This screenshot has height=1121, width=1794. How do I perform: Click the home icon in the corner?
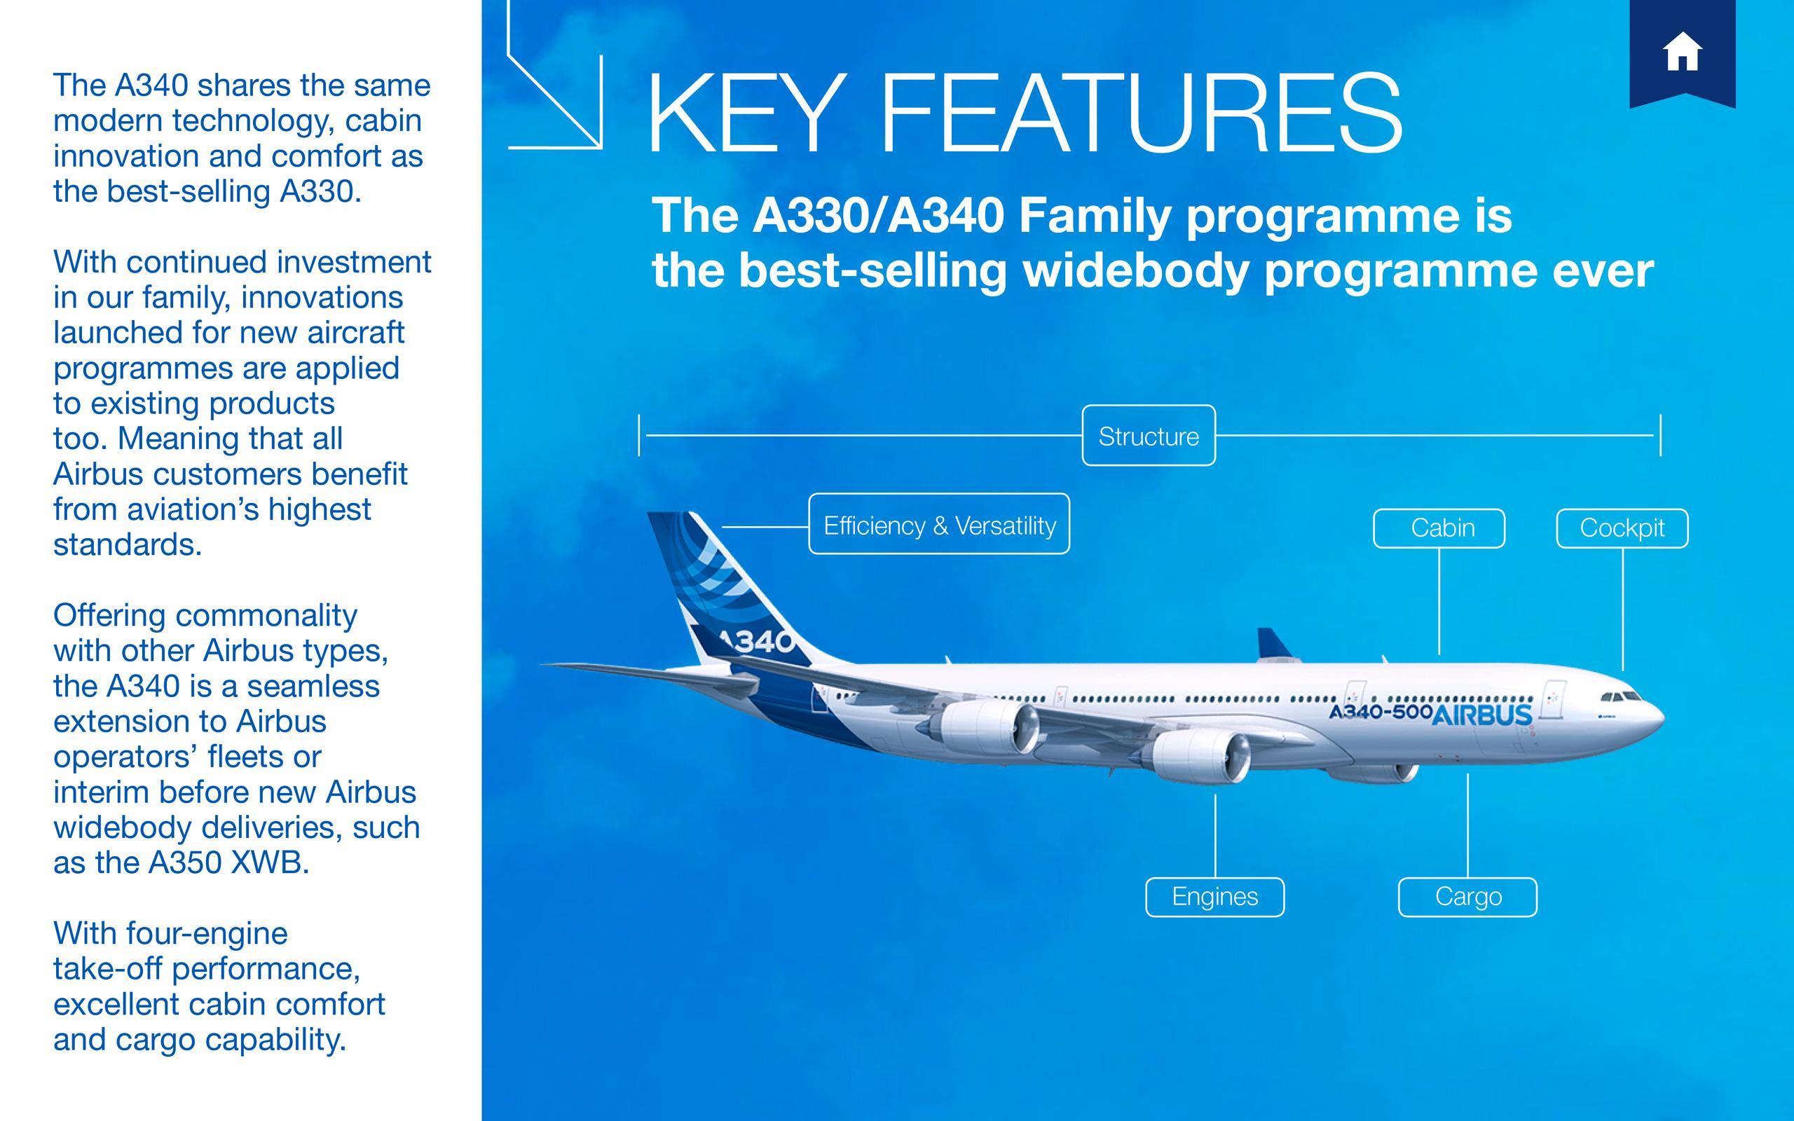coord(1681,51)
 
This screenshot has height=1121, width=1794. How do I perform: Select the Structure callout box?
coord(1149,436)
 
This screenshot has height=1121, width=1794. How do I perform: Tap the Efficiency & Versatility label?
coord(938,525)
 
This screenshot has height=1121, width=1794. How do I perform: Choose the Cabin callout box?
coord(1439,528)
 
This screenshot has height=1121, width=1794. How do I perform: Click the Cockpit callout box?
coord(1622,528)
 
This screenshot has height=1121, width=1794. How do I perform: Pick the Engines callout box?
coord(1214,896)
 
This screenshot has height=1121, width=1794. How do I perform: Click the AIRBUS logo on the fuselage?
coord(1482,715)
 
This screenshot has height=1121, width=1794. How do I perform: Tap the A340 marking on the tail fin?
coord(756,641)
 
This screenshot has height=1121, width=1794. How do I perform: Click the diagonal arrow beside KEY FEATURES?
coord(556,97)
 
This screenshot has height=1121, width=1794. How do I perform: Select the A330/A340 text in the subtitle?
coord(879,216)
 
